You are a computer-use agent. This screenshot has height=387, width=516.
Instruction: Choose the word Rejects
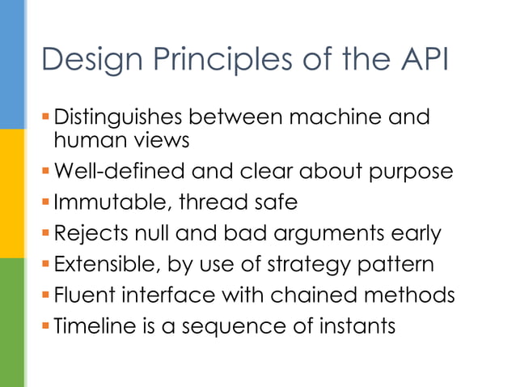pos(85,234)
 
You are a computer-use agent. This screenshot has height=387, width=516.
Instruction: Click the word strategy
pos(298,266)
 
